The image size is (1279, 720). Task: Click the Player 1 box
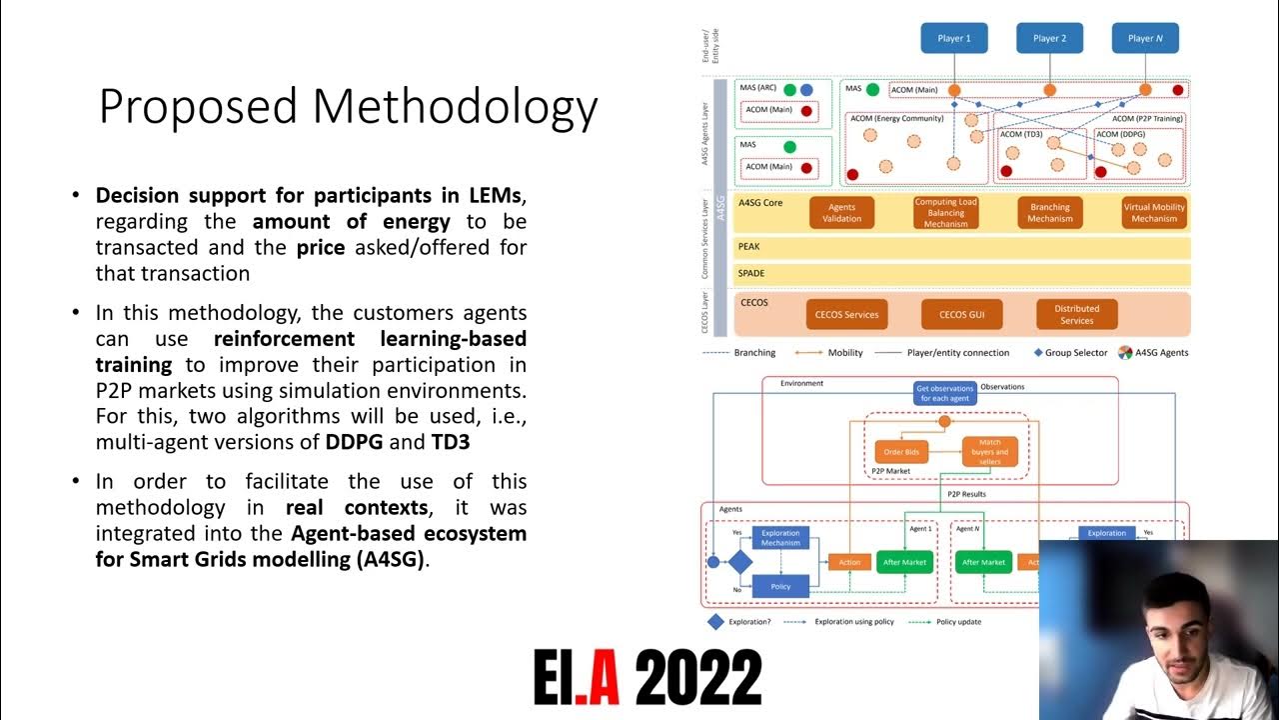click(x=953, y=38)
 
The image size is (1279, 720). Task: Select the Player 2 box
click(x=1049, y=38)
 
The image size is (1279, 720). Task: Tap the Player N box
click(x=1145, y=38)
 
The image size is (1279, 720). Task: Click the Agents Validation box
click(x=841, y=213)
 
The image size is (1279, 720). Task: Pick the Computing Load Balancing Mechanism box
click(x=945, y=213)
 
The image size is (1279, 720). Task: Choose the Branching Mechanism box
click(x=1049, y=213)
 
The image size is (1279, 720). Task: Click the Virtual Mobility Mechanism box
click(x=1154, y=213)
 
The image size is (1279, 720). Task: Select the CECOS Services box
click(x=846, y=314)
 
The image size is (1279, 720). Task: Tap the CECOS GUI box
click(x=961, y=314)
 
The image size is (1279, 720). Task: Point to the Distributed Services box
click(x=1076, y=314)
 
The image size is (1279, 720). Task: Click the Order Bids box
click(x=901, y=452)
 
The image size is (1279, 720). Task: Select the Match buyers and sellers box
click(x=989, y=452)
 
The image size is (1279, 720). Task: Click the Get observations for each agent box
click(x=944, y=393)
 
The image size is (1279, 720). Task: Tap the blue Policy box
click(x=780, y=586)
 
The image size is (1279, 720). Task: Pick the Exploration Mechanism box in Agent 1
click(x=780, y=538)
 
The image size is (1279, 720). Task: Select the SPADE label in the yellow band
click(x=751, y=273)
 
